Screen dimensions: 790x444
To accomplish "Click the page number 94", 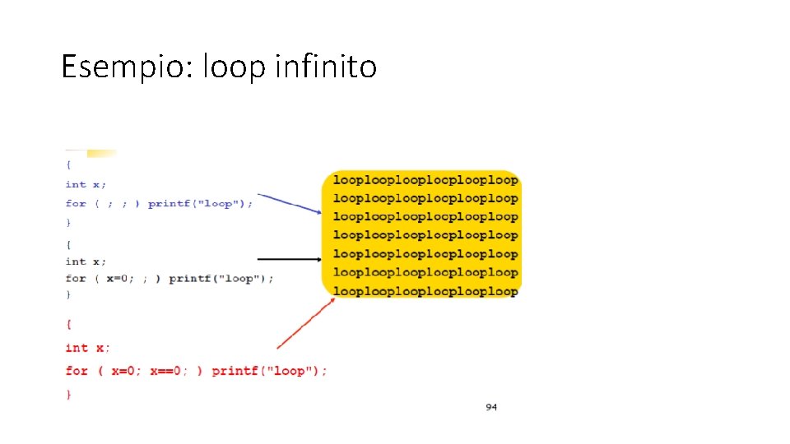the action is pos(490,407).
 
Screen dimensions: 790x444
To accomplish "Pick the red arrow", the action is pos(305,324).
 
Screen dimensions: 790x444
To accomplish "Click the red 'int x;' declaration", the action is pos(87,348).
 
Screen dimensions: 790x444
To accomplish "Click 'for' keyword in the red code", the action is pos(77,371).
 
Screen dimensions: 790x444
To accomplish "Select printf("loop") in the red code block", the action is pos(268,371).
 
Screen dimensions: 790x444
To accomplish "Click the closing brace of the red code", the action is pos(69,395).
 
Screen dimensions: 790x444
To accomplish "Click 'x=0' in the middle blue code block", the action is pos(123,279).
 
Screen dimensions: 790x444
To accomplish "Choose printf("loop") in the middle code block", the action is pos(221,279).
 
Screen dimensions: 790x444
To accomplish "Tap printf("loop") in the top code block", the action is pos(200,203).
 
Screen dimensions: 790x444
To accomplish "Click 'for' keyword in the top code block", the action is pos(76,203).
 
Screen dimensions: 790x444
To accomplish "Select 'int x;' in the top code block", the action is pos(86,184).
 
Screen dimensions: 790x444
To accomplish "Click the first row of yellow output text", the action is pos(425,180).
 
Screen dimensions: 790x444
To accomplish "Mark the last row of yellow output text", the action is pos(425,291).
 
